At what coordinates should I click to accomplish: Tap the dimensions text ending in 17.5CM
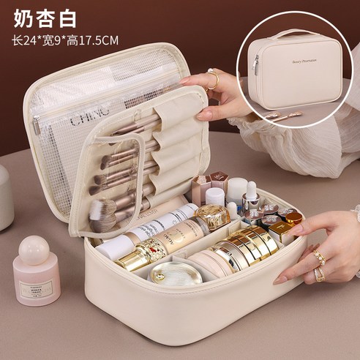65,40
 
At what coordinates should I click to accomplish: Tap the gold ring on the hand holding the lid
212,79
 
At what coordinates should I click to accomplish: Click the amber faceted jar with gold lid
212,216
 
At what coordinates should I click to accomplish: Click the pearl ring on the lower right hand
319,258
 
